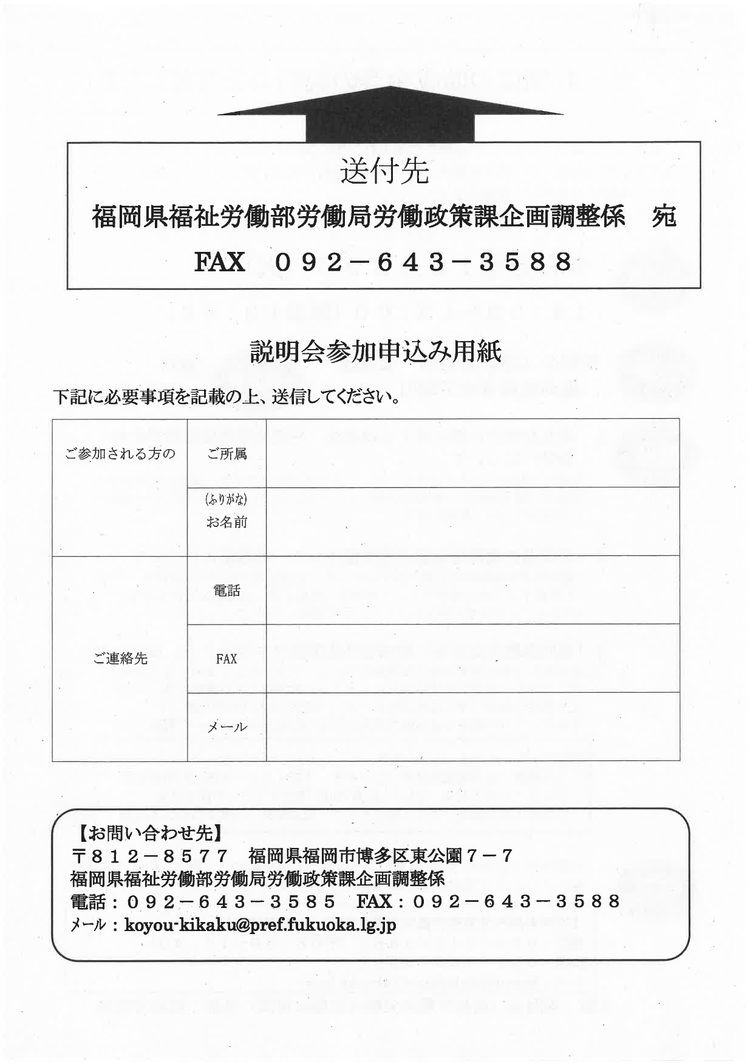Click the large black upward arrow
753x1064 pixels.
(389, 115)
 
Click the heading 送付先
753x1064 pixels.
(384, 171)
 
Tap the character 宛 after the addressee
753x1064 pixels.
(663, 217)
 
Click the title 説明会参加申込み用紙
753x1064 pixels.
(376, 352)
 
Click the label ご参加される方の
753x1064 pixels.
(120, 453)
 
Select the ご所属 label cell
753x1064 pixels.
(227, 453)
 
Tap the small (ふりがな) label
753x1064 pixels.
(227, 500)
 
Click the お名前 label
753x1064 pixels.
(227, 522)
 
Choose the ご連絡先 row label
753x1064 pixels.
(120, 659)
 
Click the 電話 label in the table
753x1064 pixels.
(227, 590)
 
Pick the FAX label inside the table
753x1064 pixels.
(227, 659)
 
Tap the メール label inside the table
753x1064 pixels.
(227, 727)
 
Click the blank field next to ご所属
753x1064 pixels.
(472, 453)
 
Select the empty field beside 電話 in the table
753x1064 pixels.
(472, 590)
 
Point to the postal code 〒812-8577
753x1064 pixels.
(150, 856)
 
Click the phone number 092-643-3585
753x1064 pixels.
(231, 902)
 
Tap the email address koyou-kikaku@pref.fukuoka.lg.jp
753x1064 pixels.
(260, 925)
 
